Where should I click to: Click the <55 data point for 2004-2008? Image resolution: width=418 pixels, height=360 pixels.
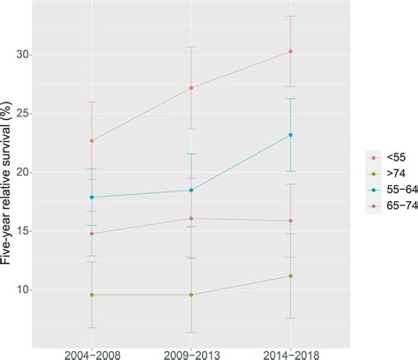[x=91, y=140]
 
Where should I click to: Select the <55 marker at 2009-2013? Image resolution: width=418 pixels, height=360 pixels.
[x=190, y=87]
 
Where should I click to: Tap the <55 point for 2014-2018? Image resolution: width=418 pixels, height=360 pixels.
[x=290, y=51]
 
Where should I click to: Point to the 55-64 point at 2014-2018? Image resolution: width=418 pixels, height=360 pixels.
[x=290, y=135]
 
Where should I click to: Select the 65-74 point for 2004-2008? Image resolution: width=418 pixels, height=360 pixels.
[x=91, y=233]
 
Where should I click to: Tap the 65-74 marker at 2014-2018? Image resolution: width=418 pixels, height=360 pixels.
[x=290, y=221]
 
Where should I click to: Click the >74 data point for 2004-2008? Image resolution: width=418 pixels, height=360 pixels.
[x=91, y=295]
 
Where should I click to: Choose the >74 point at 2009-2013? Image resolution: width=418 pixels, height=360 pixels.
[x=190, y=295]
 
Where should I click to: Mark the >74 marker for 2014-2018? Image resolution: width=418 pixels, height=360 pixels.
[x=290, y=276]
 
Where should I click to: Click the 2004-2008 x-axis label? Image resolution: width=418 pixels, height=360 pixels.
[x=91, y=350]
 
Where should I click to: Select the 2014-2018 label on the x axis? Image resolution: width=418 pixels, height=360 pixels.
[x=290, y=350]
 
